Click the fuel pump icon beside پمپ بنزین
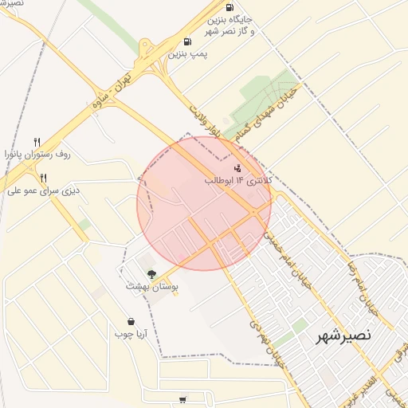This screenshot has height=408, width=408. click(187, 41)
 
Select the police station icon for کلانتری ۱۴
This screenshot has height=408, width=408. click(237, 168)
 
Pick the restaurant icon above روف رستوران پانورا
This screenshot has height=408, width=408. click(37, 142)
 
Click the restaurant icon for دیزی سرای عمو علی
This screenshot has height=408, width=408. click(44, 178)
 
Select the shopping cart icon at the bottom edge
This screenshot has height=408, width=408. click(183, 400)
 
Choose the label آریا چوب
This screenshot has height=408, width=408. click(130, 333)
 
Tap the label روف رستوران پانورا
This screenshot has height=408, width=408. click(37, 154)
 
